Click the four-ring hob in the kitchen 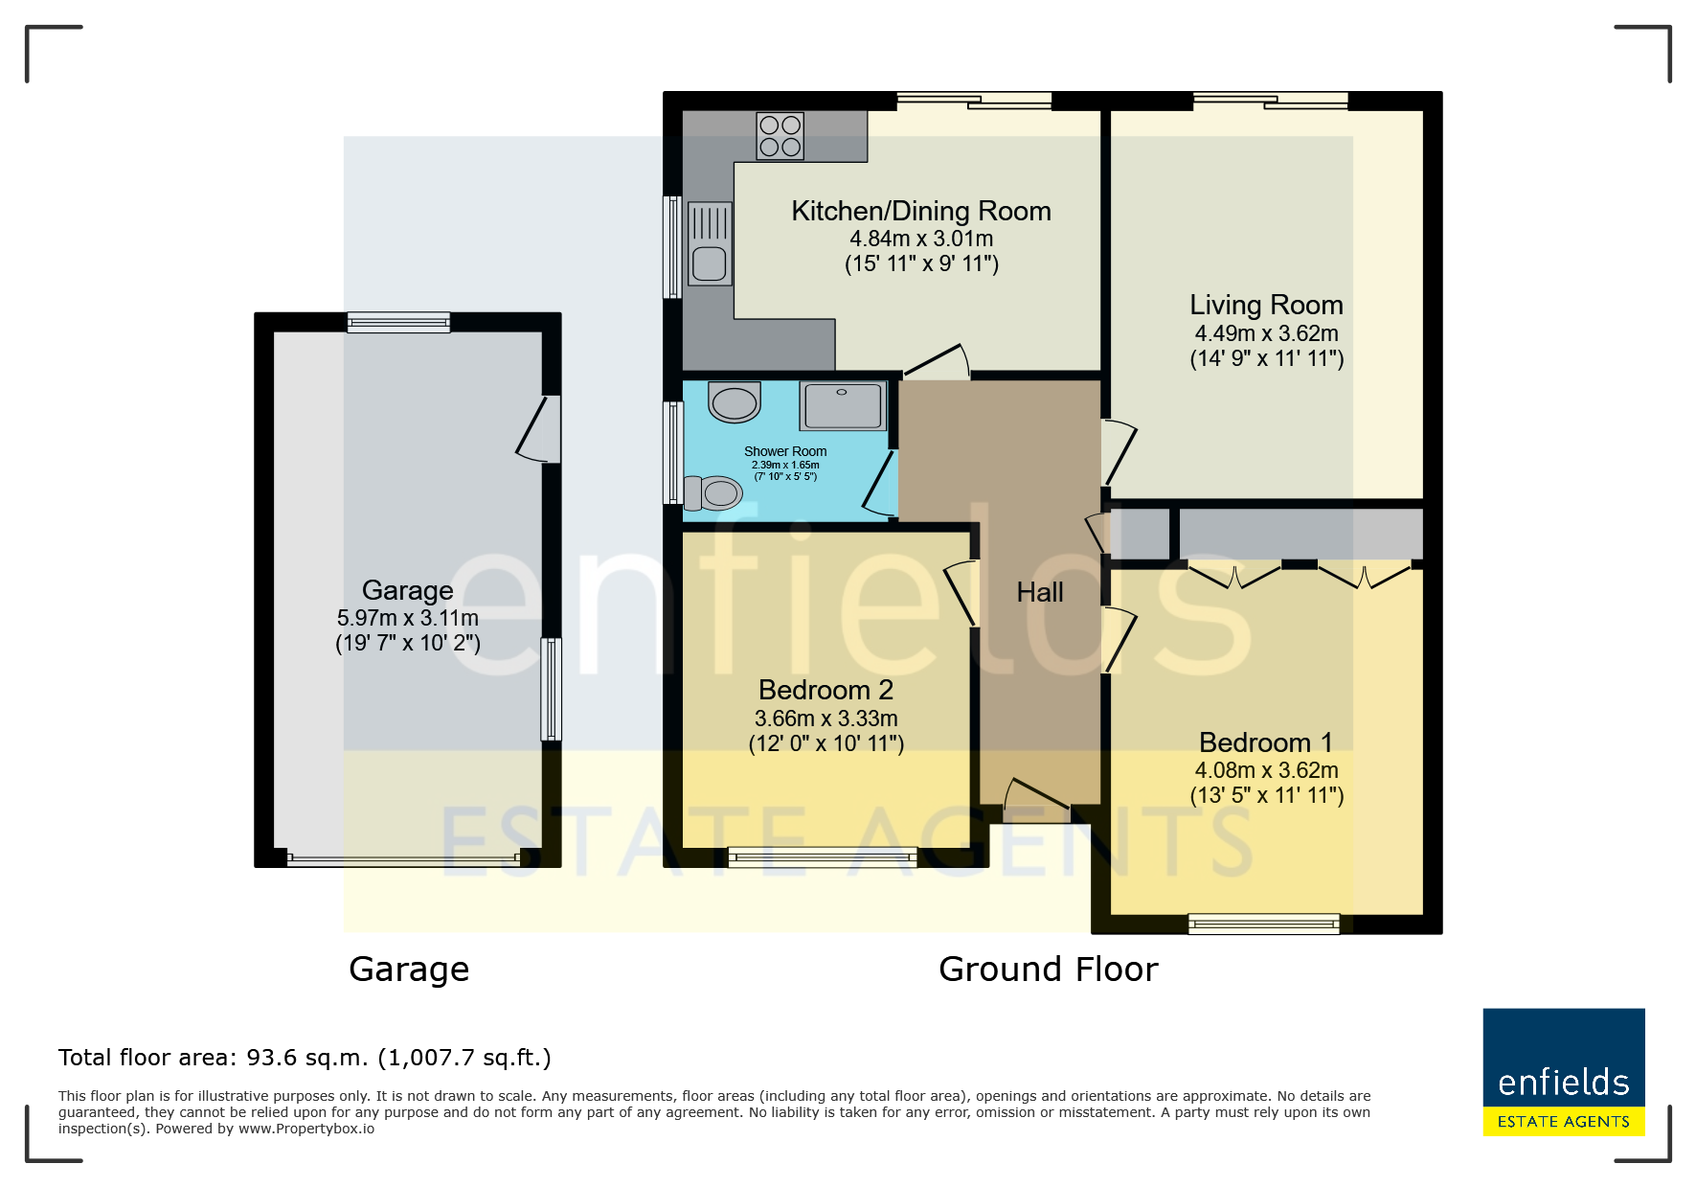tap(780, 135)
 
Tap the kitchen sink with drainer tap(709, 243)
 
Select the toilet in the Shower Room tap(712, 493)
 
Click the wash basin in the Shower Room tap(735, 402)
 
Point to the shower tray tap(843, 405)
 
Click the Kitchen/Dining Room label tap(921, 211)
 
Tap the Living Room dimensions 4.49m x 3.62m tap(1266, 333)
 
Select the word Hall tap(1040, 592)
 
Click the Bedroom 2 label tap(825, 690)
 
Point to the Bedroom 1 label tap(1266, 742)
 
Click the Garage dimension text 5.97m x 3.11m tap(408, 618)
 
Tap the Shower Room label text tap(785, 451)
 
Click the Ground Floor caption tap(1049, 970)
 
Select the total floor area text tap(305, 1058)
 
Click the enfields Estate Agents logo tap(1564, 1072)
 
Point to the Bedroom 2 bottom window tap(823, 857)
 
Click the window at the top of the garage tap(398, 322)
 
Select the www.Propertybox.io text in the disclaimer tap(306, 1129)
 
